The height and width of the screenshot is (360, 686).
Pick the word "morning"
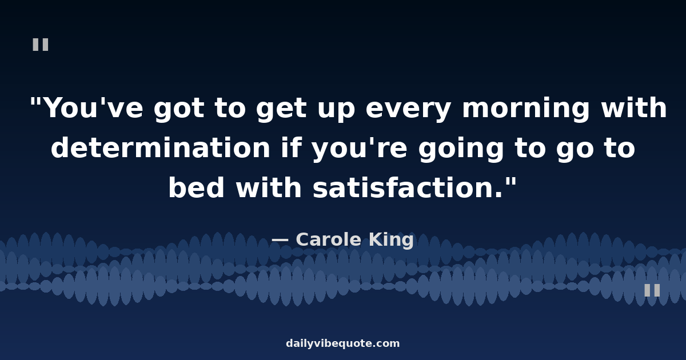click(525, 109)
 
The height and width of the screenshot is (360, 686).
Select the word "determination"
click(161, 147)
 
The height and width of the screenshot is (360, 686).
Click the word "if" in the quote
click(292, 147)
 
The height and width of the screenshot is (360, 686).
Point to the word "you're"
click(360, 149)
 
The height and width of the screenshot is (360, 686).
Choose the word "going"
click(461, 149)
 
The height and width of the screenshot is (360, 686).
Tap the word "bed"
click(197, 187)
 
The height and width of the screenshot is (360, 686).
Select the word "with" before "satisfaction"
click(269, 187)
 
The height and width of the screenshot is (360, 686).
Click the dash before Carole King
click(280, 239)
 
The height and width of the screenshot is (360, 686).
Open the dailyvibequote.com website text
click(342, 343)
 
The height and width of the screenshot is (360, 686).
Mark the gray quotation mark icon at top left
click(41, 45)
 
